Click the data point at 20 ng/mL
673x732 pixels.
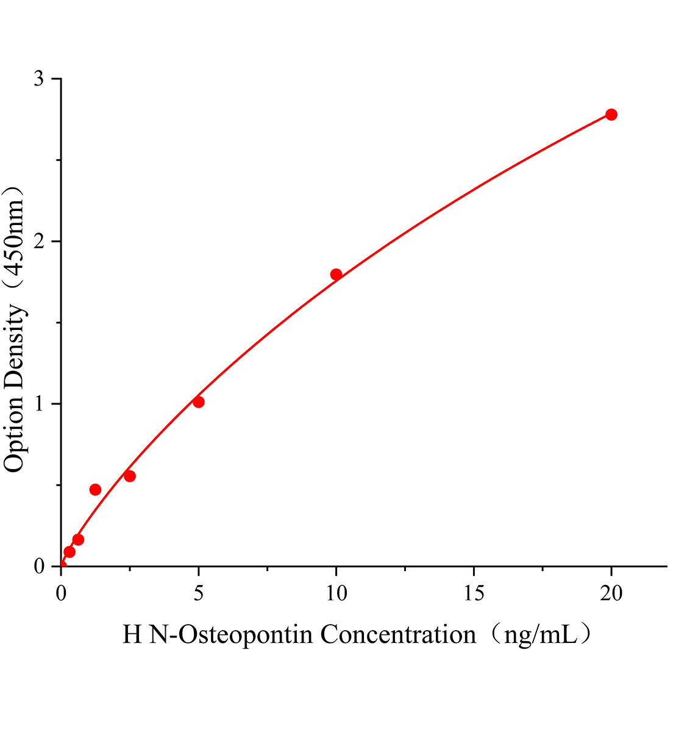coord(611,115)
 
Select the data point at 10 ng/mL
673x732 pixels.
coord(336,274)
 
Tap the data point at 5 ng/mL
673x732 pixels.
coord(198,402)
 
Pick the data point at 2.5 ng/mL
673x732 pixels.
coord(129,476)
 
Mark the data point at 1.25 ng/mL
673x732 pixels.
coord(95,489)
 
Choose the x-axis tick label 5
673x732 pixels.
coord(198,594)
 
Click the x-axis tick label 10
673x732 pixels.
coord(336,594)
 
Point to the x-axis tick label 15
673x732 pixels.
coord(474,594)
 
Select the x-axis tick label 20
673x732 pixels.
coord(611,594)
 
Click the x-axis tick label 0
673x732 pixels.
coord(61,594)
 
